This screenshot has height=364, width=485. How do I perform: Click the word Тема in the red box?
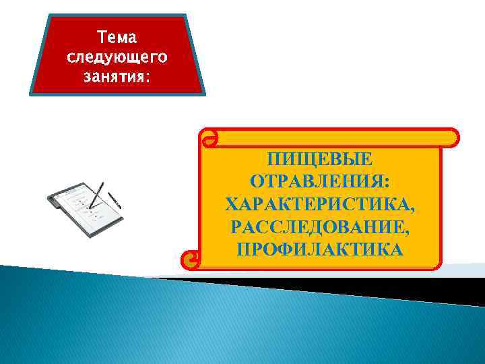point(117,34)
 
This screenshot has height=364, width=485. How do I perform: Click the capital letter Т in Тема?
point(102,34)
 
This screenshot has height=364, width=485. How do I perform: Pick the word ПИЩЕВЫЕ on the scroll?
point(319,160)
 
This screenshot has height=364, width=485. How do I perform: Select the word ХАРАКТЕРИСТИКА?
point(317,204)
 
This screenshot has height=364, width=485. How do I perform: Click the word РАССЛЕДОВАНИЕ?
point(317,227)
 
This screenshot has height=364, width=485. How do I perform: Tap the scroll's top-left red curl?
point(209,139)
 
